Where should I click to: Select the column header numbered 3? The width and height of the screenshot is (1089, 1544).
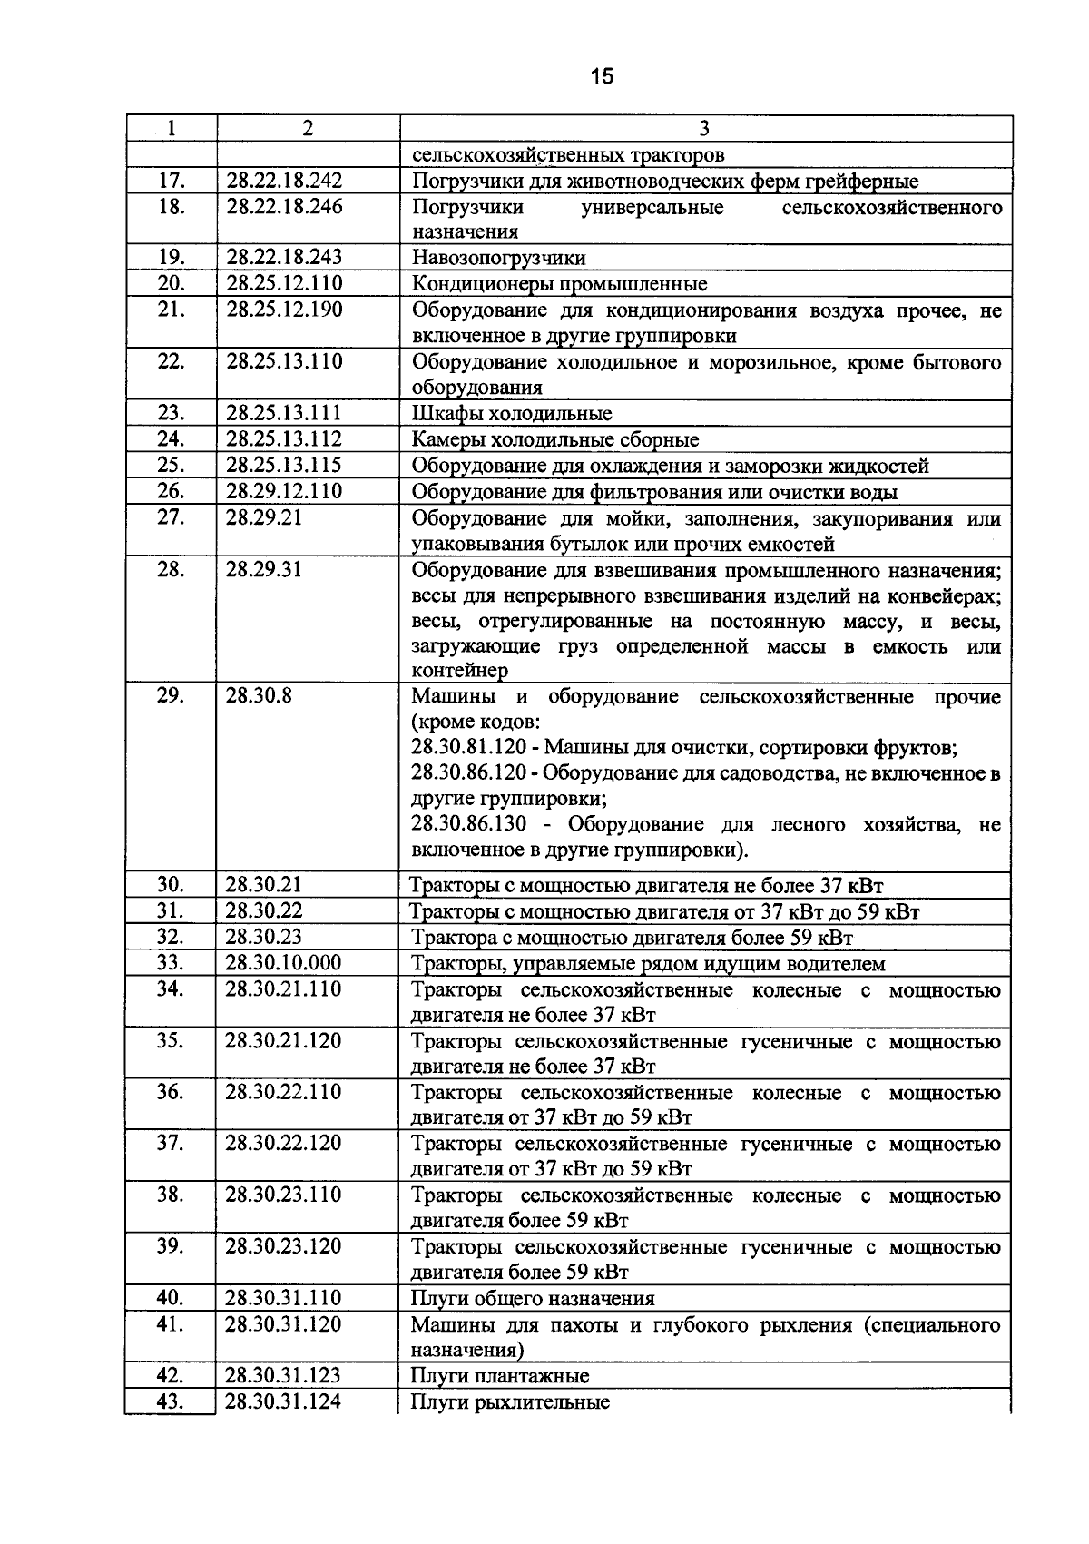click(705, 128)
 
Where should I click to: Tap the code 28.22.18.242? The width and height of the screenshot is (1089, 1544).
click(284, 181)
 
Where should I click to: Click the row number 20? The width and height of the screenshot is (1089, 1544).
click(171, 283)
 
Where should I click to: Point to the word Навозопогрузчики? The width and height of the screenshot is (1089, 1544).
click(498, 258)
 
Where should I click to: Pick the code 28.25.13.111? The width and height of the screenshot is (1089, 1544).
click(284, 414)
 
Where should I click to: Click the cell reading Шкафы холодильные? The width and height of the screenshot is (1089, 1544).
click(512, 415)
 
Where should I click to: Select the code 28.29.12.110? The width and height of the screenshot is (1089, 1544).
click(284, 492)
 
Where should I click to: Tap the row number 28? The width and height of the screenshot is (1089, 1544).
click(171, 570)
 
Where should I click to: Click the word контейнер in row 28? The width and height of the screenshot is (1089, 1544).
click(459, 671)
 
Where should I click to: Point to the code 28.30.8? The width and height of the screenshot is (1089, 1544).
click(259, 697)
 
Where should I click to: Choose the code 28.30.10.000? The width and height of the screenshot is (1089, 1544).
click(283, 963)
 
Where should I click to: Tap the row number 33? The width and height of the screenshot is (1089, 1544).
click(171, 963)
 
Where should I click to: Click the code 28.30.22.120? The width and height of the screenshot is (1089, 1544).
click(283, 1143)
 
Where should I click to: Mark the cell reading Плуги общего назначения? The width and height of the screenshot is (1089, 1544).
click(533, 1298)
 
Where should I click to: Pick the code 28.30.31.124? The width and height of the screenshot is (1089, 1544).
click(283, 1401)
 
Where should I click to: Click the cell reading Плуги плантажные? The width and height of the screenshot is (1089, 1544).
click(499, 1376)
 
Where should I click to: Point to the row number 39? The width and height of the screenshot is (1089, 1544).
click(171, 1246)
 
